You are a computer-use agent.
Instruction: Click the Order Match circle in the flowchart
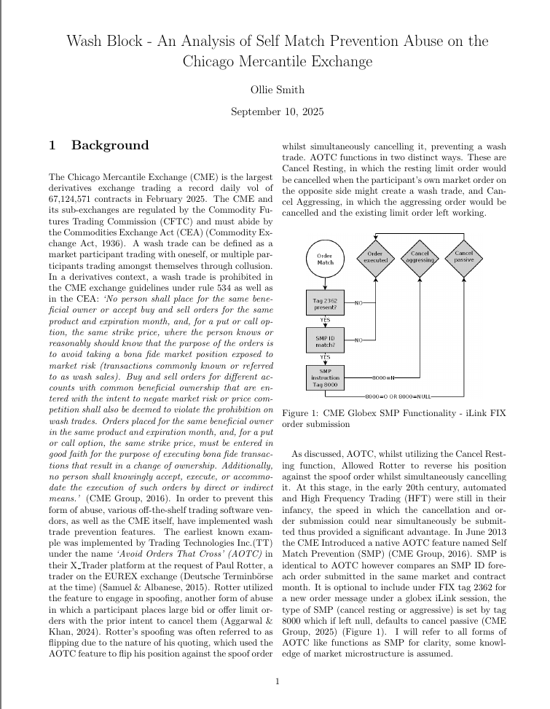(x=325, y=259)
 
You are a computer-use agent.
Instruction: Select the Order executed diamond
(x=376, y=256)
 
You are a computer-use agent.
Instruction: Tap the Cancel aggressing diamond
(x=420, y=256)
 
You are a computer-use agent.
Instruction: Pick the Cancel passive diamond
(x=464, y=256)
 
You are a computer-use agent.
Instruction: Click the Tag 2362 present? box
(x=325, y=302)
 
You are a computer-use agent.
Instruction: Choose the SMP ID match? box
(x=325, y=340)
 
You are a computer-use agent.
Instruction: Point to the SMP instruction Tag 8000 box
(x=325, y=377)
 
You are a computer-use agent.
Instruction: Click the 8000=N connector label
(x=382, y=378)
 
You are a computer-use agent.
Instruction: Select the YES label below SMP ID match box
(x=325, y=356)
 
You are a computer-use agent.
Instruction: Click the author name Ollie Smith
(x=277, y=90)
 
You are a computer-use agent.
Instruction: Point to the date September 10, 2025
(x=277, y=112)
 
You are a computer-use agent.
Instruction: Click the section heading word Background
(x=109, y=145)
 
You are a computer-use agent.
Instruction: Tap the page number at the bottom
(x=277, y=681)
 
